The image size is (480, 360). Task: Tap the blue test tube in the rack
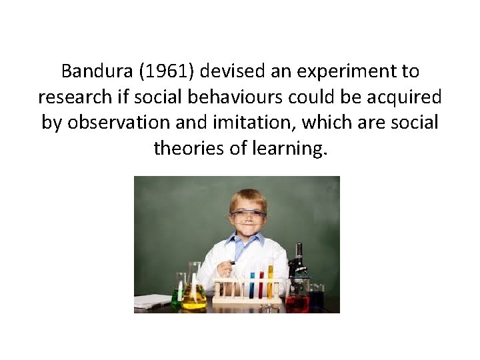coord(252,285)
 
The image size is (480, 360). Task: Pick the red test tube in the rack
coord(261,285)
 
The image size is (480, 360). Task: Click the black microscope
coord(298,263)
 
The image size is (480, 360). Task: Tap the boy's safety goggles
coord(248,215)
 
